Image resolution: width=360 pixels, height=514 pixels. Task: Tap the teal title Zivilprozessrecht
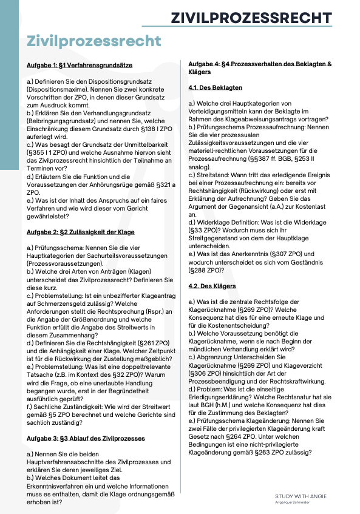pos(94,41)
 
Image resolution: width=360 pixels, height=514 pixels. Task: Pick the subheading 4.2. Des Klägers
pos(212,286)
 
